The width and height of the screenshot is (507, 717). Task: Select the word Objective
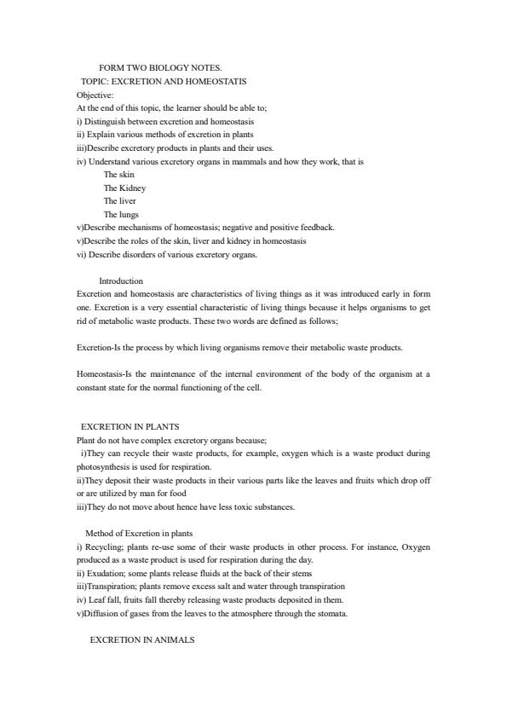tap(95, 95)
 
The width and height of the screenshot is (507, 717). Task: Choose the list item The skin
tap(119, 174)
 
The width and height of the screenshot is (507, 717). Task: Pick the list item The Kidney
tap(124, 188)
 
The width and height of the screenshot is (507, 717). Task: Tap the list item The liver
tap(120, 201)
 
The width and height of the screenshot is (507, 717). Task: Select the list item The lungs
tap(121, 214)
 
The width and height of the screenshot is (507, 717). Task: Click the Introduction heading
tap(121, 280)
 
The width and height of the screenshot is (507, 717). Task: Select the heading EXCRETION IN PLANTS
tap(130, 427)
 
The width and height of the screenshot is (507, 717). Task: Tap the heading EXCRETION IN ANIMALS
tap(142, 640)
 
